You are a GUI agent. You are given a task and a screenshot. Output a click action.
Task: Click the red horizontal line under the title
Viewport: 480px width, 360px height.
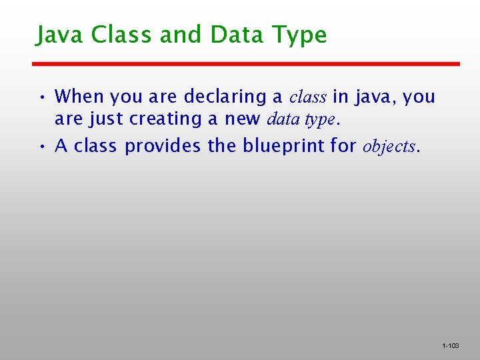(247, 64)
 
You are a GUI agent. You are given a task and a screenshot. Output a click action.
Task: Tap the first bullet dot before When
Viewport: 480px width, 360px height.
(42, 97)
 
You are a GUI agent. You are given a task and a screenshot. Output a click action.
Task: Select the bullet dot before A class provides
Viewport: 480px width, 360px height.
(42, 147)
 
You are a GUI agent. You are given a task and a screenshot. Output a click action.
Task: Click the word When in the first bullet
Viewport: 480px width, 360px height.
(79, 97)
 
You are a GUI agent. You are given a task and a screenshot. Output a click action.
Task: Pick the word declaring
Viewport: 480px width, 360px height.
(225, 97)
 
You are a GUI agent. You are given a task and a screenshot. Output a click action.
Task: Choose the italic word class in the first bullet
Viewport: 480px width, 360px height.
(307, 97)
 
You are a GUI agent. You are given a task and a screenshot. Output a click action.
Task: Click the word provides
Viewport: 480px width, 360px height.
(163, 146)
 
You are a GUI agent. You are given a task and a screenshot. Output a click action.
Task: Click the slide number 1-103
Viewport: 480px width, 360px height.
(450, 346)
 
